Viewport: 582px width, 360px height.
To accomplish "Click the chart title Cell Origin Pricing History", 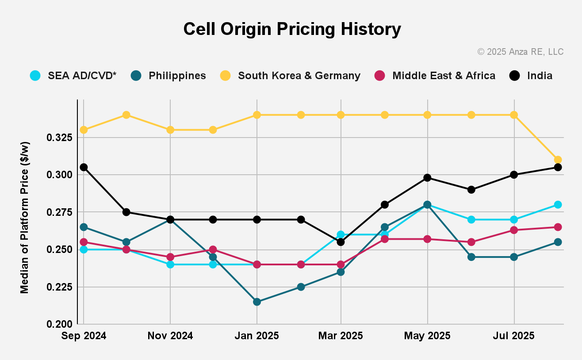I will click(292, 29).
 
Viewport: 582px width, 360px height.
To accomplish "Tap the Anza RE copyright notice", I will click(520, 52).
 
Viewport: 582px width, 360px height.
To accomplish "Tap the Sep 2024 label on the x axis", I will click(84, 336).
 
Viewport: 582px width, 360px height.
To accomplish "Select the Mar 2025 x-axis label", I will click(341, 336).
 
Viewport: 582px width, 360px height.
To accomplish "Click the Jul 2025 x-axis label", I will click(514, 336).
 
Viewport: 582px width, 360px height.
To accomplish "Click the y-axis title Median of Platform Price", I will click(25, 218).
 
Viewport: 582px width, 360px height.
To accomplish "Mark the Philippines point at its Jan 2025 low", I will click(257, 302).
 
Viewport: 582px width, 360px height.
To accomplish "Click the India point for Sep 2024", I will click(84, 167).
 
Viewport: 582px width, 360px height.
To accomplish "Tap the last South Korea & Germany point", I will click(558, 160).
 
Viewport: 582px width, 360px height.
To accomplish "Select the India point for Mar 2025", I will click(341, 242).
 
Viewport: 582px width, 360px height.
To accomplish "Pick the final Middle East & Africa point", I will click(558, 227).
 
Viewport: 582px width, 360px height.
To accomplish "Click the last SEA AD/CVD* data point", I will click(558, 204).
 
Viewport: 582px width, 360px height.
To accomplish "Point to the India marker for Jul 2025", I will click(514, 175).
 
